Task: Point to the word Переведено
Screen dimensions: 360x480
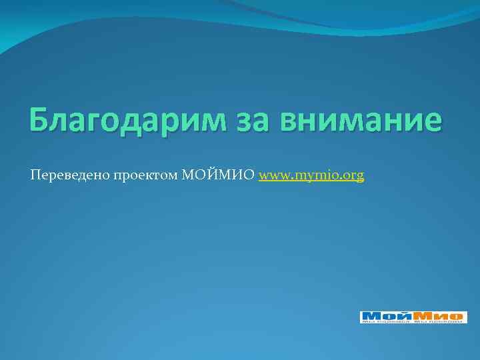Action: (x=64, y=175)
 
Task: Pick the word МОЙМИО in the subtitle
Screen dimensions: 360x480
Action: (x=218, y=175)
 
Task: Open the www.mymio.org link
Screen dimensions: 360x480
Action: (x=311, y=176)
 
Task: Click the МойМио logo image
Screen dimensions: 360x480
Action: (x=413, y=317)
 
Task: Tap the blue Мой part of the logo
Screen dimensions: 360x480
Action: (x=384, y=315)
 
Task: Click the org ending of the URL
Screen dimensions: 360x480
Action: (x=354, y=177)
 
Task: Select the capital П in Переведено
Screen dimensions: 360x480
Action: (x=34, y=175)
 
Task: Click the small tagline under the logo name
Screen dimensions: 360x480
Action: (x=413, y=321)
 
